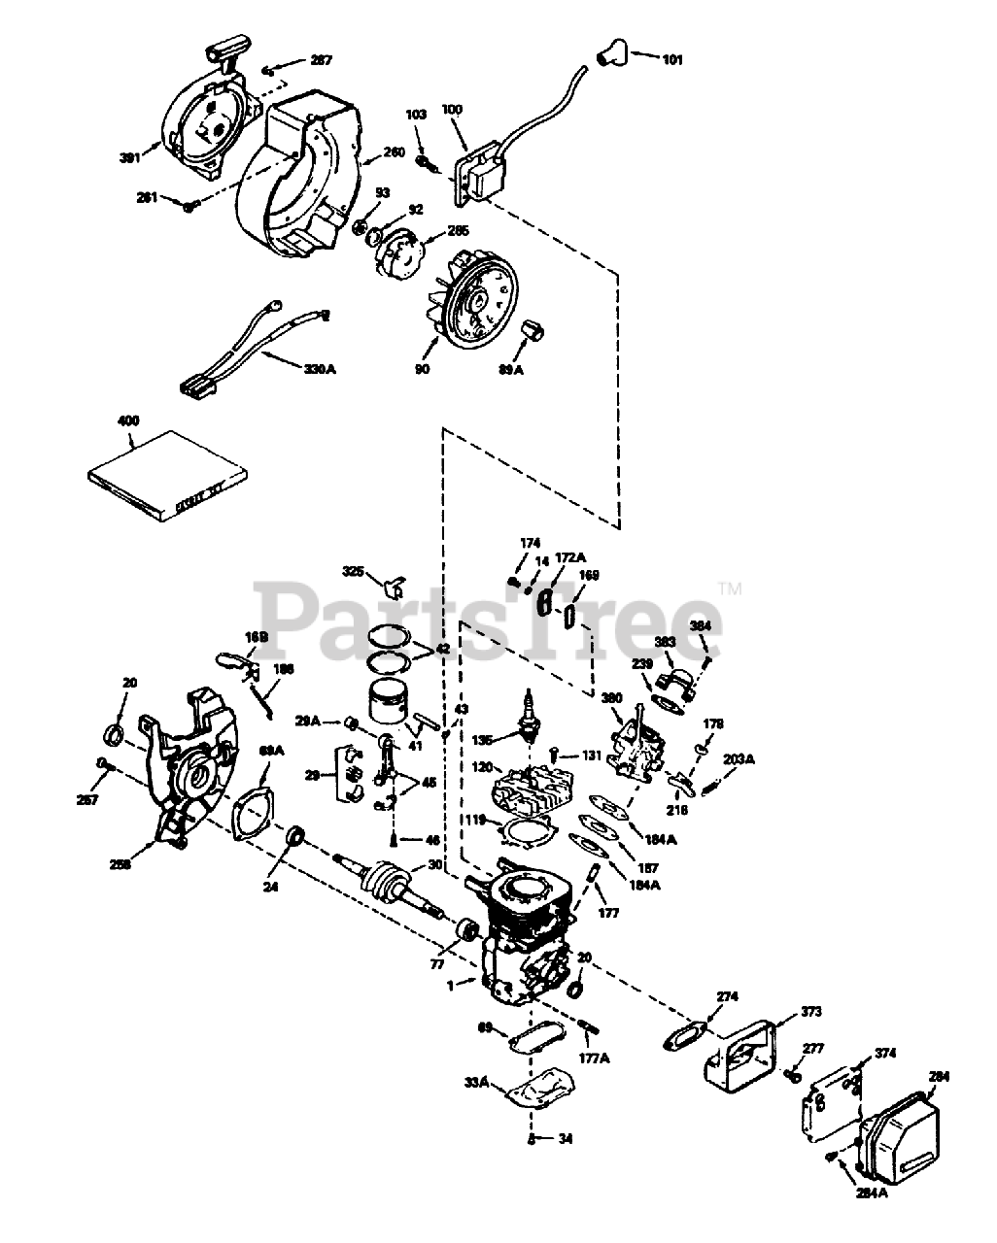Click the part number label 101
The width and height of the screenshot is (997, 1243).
click(x=672, y=60)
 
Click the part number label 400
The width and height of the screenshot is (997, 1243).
click(x=128, y=420)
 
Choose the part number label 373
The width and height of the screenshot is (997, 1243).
click(x=811, y=1011)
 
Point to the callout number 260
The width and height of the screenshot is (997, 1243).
click(x=394, y=151)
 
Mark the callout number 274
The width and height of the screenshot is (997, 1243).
click(x=728, y=997)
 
